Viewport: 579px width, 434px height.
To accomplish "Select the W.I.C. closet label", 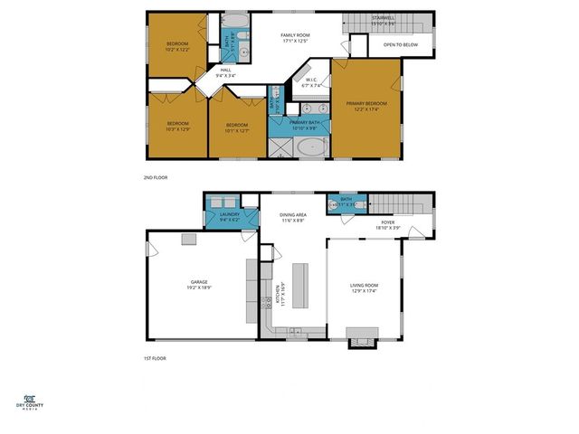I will pyautogui.click(x=310, y=83).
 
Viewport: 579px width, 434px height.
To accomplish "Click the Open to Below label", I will pyautogui.click(x=400, y=44).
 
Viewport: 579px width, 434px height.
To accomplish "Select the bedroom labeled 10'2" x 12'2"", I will pyautogui.click(x=177, y=47).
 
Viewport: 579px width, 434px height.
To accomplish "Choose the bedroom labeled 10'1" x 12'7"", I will pyautogui.click(x=237, y=127).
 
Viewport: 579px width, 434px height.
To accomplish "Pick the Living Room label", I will pyautogui.click(x=365, y=288).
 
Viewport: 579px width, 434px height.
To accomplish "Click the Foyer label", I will pyautogui.click(x=387, y=224).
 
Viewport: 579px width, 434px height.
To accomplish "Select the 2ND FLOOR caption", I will pyautogui.click(x=157, y=178).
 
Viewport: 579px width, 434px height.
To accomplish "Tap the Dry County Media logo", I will pyautogui.click(x=30, y=402).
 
